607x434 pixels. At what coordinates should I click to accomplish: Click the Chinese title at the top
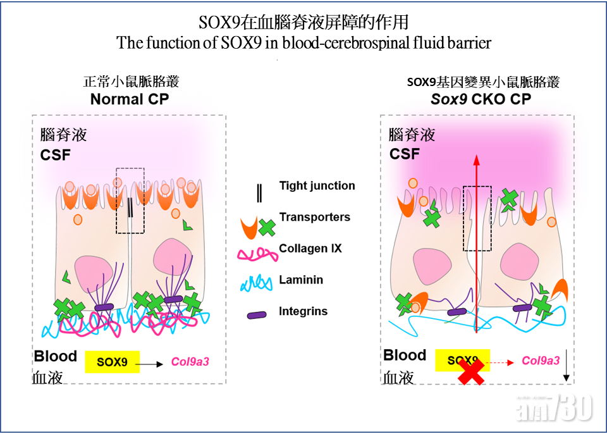(303, 22)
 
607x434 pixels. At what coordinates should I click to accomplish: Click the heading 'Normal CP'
(130, 99)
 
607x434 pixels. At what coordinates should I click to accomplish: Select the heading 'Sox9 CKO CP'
(481, 99)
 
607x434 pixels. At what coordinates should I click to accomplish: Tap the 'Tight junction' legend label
(317, 186)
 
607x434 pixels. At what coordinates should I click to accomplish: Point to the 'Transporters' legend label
(314, 217)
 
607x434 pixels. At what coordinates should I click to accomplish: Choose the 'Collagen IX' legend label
(310, 249)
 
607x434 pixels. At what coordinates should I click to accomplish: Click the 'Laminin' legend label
(301, 280)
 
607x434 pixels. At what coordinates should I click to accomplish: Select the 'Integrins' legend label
(303, 311)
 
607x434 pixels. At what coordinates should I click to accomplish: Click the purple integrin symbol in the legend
(255, 313)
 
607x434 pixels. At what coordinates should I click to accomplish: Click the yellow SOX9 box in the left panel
(112, 363)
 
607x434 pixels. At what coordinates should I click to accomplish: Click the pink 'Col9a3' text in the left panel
(190, 363)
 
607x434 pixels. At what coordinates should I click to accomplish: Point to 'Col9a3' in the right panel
(541, 361)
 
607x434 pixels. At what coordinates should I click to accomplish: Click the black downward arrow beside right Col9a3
(567, 367)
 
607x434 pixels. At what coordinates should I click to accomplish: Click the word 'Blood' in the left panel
(56, 356)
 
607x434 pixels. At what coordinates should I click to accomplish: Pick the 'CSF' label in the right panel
(405, 154)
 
